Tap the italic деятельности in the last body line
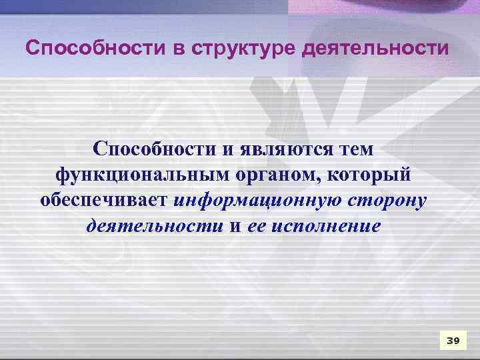(155, 226)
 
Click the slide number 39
(453, 341)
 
